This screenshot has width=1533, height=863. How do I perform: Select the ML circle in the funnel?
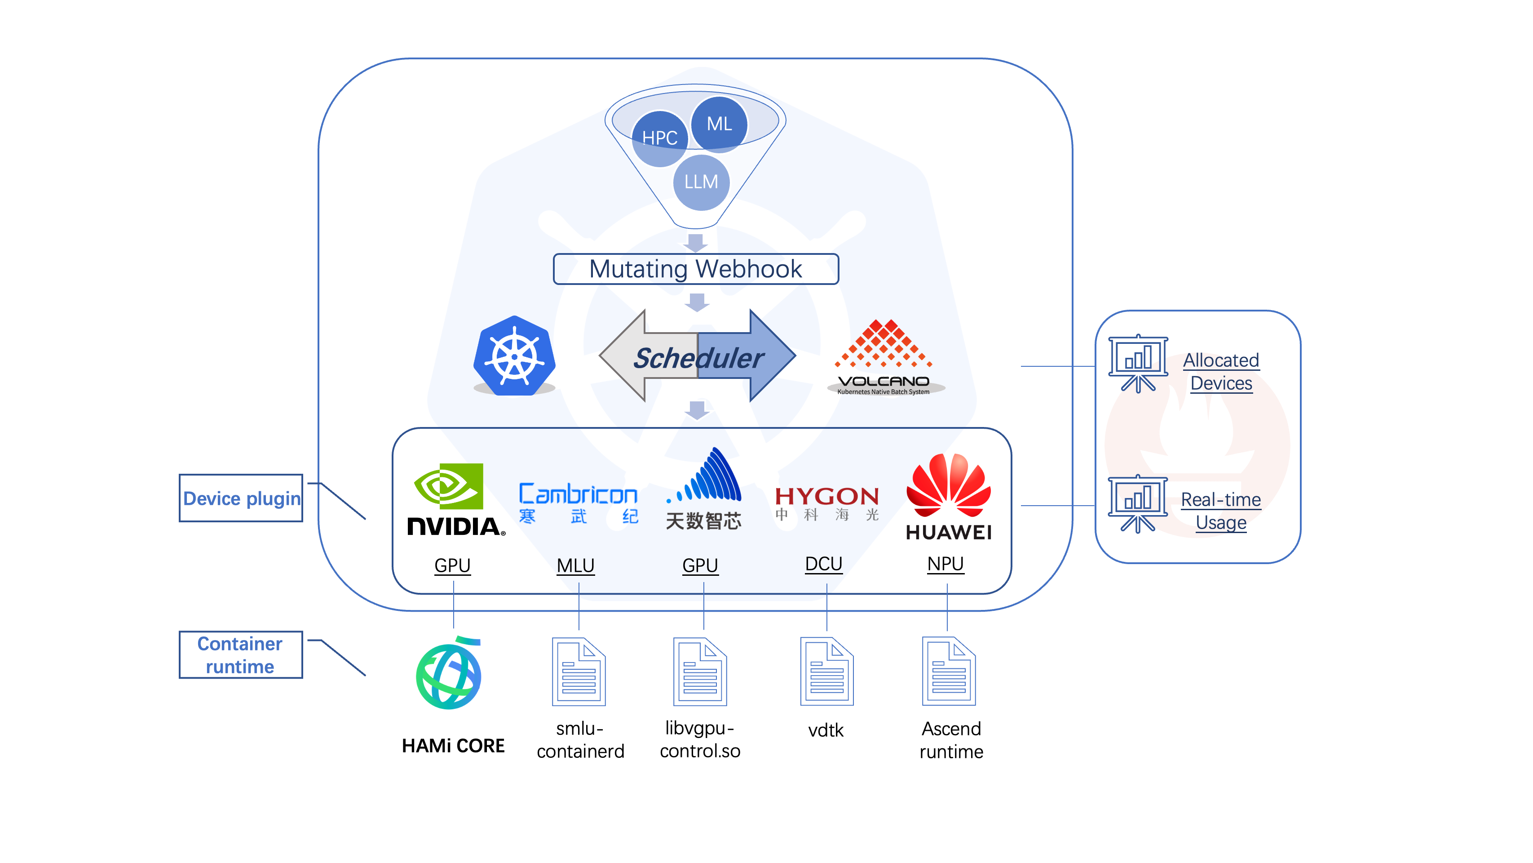click(719, 124)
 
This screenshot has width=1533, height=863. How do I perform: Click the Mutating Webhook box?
click(695, 269)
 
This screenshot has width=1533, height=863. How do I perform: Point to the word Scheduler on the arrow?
click(698, 358)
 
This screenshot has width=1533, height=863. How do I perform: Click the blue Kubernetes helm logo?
click(514, 356)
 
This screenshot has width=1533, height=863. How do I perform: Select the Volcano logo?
click(884, 357)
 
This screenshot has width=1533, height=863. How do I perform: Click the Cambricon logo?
click(578, 502)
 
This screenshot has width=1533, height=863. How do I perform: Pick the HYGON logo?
click(826, 502)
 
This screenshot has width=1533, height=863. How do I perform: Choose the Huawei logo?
click(948, 497)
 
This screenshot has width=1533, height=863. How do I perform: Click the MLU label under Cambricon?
click(575, 565)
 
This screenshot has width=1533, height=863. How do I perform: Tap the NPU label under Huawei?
click(945, 563)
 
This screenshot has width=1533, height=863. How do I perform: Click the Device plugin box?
click(241, 498)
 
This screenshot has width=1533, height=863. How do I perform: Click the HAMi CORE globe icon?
click(449, 674)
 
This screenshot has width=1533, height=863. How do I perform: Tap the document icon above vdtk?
click(826, 671)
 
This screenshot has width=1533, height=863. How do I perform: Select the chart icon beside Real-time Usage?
click(1137, 503)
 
